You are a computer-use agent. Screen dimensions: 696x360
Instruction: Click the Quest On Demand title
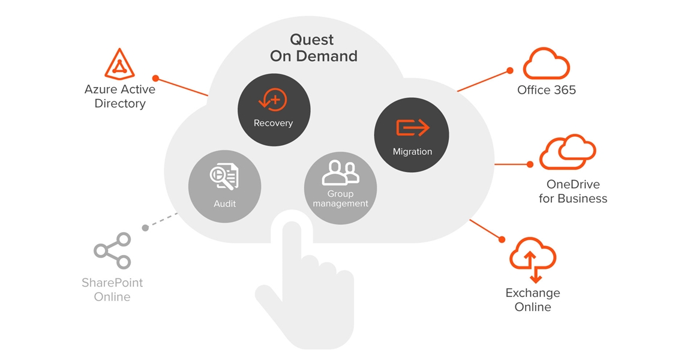point(313,48)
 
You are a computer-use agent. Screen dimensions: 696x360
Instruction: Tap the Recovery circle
point(274,110)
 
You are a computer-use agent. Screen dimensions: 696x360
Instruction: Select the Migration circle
point(412,135)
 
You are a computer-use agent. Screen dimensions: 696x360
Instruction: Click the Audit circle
point(224,187)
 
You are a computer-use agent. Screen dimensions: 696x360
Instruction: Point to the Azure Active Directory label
point(120,97)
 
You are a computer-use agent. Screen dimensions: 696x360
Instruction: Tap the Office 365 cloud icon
point(546,64)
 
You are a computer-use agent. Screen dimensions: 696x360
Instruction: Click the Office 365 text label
point(547,90)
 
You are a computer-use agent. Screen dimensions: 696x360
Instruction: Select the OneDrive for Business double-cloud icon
point(567,152)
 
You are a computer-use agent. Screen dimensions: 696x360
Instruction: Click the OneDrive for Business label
point(573,191)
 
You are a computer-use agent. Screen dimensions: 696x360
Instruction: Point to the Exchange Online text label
point(533,299)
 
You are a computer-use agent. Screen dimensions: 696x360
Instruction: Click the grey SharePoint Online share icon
point(112,251)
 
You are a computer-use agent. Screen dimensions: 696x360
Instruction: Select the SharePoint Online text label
point(112,289)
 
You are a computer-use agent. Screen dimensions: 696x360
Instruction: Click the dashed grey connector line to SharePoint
point(161,221)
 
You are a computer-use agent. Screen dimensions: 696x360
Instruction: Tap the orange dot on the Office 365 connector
point(510,71)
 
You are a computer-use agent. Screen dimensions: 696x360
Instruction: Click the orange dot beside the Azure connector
point(155,78)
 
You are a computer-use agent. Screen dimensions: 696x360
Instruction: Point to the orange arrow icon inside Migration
point(413,128)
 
